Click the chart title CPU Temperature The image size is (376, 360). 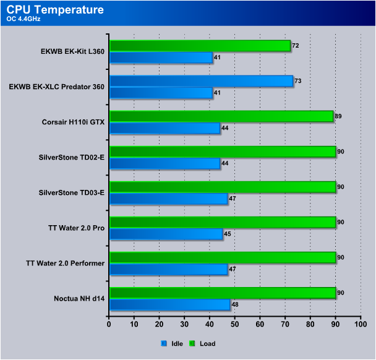(x=56, y=10)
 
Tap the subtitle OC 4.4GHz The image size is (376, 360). (x=23, y=19)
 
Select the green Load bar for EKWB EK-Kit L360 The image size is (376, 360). (x=200, y=46)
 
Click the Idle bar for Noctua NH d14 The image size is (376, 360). (x=169, y=304)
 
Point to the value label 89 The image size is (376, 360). (x=338, y=116)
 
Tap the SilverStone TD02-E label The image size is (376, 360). (x=70, y=158)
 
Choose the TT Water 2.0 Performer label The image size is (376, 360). (x=66, y=264)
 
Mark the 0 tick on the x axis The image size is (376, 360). (x=109, y=324)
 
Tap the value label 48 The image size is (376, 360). (x=234, y=304)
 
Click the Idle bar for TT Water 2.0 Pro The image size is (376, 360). (x=166, y=234)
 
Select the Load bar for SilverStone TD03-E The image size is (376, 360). (x=222, y=187)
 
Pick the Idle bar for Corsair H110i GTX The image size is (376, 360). (x=164, y=128)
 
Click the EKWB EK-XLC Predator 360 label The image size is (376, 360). (x=56, y=87)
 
